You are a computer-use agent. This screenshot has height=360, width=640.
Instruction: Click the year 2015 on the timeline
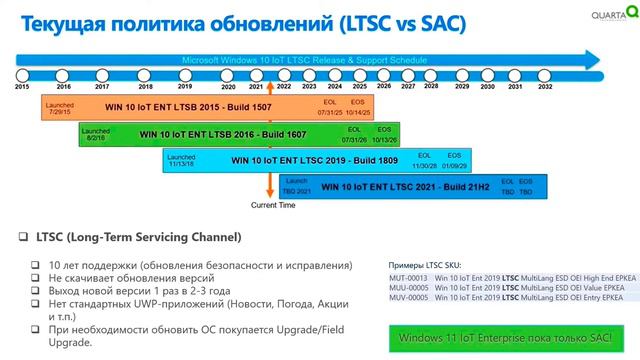click(x=22, y=87)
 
